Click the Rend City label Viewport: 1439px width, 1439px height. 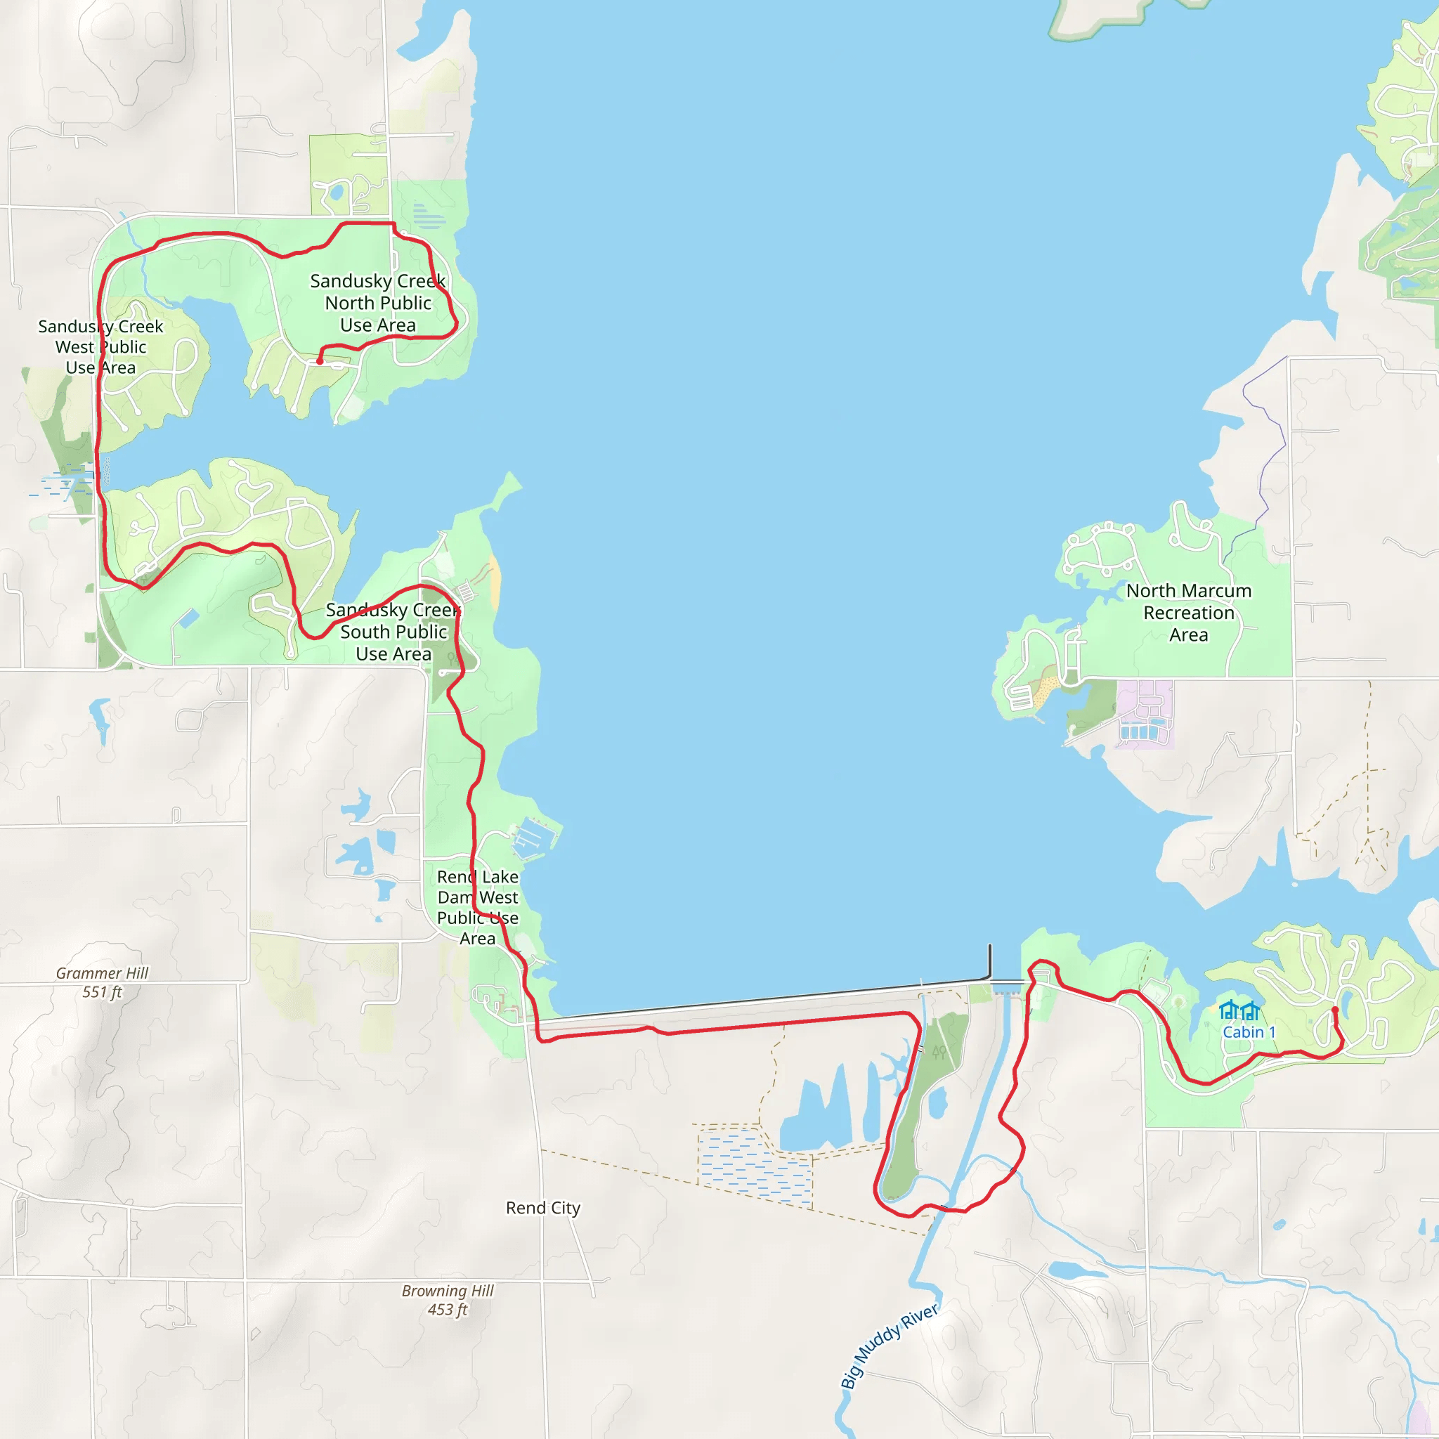click(x=542, y=1208)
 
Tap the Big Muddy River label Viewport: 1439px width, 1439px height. click(x=890, y=1347)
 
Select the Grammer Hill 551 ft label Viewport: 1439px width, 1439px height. click(x=102, y=982)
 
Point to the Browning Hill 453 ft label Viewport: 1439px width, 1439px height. click(x=448, y=1301)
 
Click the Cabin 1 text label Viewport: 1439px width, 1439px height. click(x=1249, y=1032)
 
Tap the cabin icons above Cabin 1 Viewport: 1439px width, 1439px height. click(x=1239, y=1010)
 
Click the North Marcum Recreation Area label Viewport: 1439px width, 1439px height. click(x=1189, y=612)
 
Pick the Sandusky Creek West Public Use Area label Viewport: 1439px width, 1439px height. click(x=100, y=347)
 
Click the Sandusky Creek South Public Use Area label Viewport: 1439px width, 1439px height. click(x=393, y=632)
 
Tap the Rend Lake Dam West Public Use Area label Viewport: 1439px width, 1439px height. click(x=477, y=907)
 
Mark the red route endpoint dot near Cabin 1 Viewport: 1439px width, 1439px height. click(x=1335, y=1010)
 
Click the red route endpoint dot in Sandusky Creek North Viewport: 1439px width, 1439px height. click(x=320, y=361)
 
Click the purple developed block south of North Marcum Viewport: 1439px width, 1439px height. click(x=1145, y=712)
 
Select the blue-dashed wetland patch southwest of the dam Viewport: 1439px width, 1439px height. click(x=753, y=1166)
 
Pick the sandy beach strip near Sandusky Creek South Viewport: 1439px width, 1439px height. click(x=495, y=580)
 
